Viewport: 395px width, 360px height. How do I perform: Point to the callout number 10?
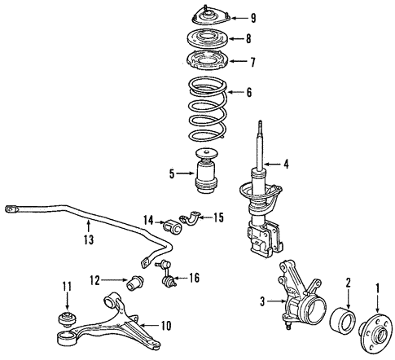[166, 327]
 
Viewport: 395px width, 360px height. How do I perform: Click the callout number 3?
[262, 302]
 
